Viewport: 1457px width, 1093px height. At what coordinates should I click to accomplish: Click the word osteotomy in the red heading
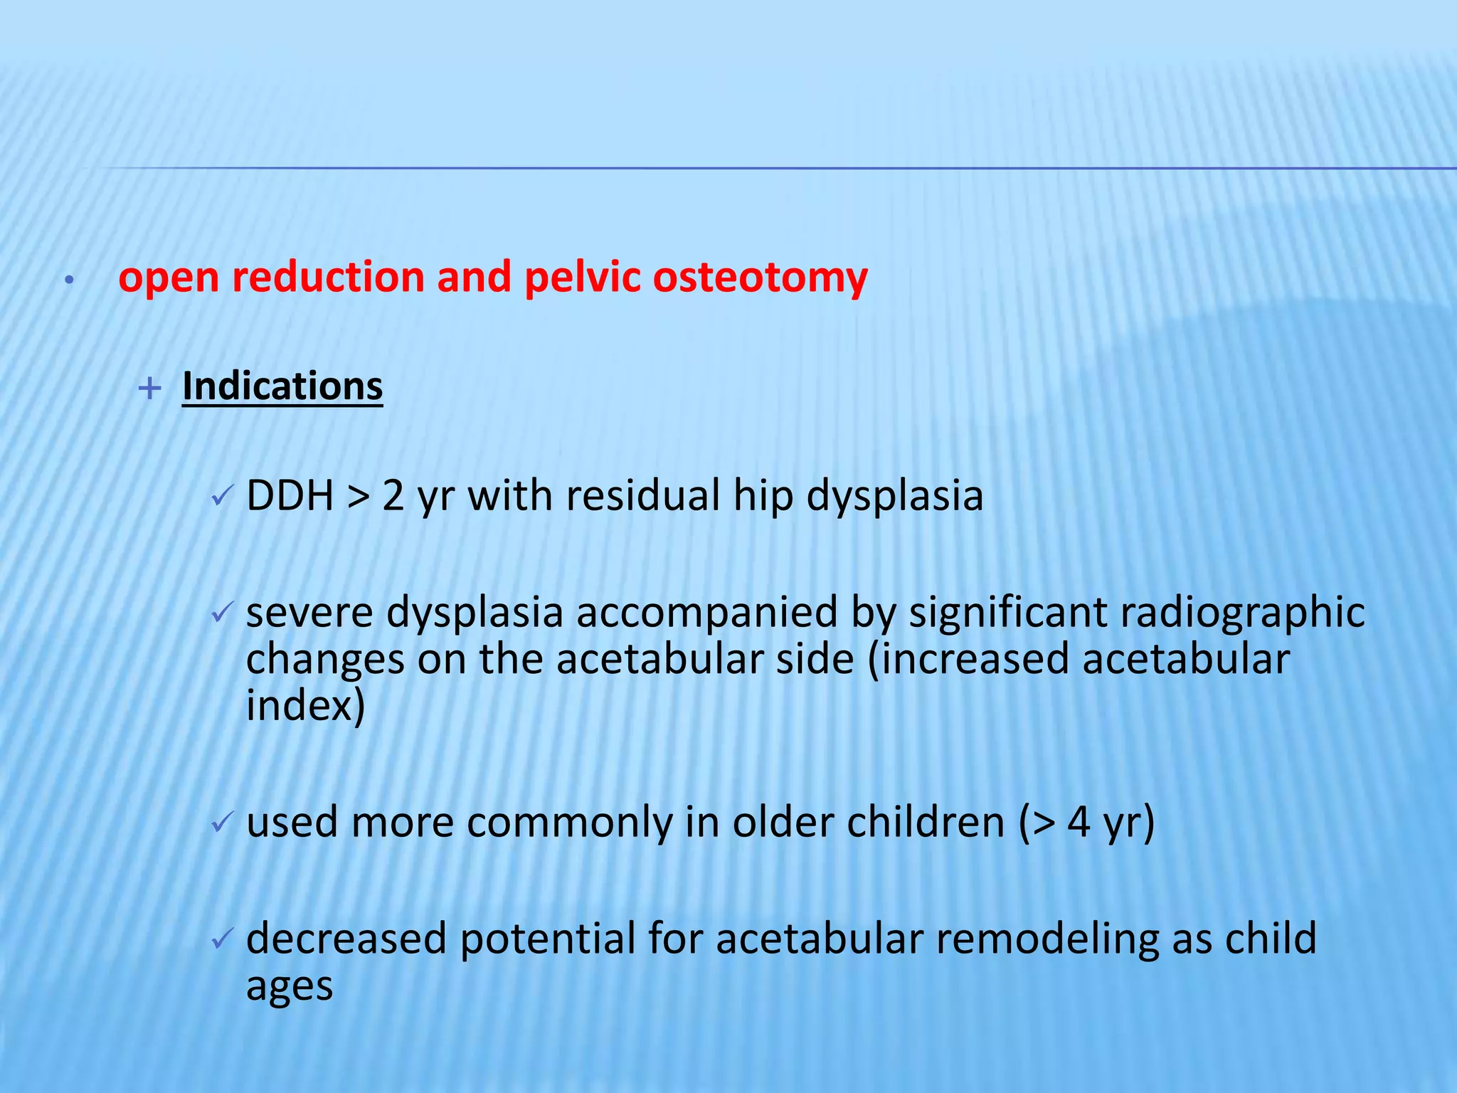pyautogui.click(x=760, y=278)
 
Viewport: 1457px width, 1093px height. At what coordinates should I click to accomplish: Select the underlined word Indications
pyautogui.click(x=282, y=386)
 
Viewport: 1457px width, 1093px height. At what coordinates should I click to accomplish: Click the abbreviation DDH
pyautogui.click(x=290, y=495)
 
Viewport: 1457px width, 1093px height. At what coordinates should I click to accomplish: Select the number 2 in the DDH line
pyautogui.click(x=393, y=495)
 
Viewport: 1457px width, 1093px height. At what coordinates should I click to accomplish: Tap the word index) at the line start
pyautogui.click(x=305, y=706)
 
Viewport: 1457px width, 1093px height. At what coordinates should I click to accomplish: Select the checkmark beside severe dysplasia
pyautogui.click(x=223, y=612)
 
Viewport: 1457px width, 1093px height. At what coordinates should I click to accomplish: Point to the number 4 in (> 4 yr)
pyautogui.click(x=1079, y=823)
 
